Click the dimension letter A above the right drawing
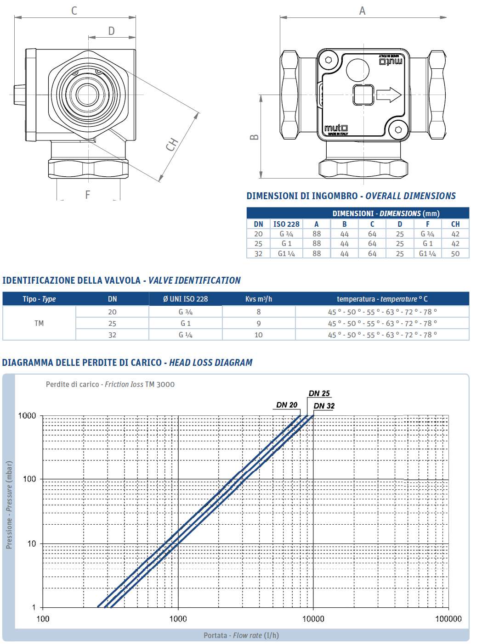(362, 11)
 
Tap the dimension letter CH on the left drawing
(172, 145)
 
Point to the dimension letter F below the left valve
(88, 195)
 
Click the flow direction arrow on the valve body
(389, 95)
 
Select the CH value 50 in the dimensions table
(455, 253)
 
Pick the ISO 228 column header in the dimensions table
(286, 224)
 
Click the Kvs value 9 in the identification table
(259, 323)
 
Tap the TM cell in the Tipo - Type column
(39, 323)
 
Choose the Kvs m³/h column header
(259, 299)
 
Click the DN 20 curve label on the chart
(287, 405)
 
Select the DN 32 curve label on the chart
(324, 406)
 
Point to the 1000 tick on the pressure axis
(27, 416)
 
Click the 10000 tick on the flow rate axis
(313, 619)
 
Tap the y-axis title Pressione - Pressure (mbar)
(9, 504)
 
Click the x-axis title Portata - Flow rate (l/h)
(241, 635)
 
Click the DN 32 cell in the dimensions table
(258, 253)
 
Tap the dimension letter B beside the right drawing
(254, 137)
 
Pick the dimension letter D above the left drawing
(111, 31)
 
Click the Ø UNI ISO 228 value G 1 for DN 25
(185, 323)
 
